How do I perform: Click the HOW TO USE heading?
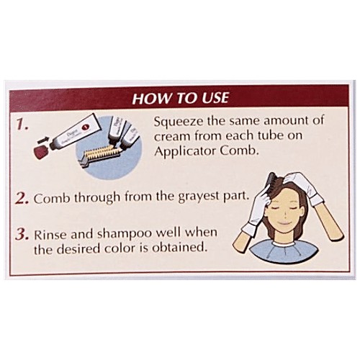pyautogui.click(x=180, y=98)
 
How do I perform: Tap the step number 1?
pyautogui.click(x=22, y=125)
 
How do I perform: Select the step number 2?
pyautogui.click(x=22, y=198)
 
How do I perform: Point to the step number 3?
pyautogui.click(x=22, y=234)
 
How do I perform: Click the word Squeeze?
pyautogui.click(x=179, y=122)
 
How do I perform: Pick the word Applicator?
pyautogui.click(x=185, y=152)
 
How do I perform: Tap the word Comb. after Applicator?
pyautogui.click(x=239, y=150)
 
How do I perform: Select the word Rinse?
pyautogui.click(x=50, y=234)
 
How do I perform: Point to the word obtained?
pyautogui.click(x=180, y=247)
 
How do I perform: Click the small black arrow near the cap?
pyautogui.click(x=42, y=140)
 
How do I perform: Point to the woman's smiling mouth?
pyautogui.click(x=284, y=224)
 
